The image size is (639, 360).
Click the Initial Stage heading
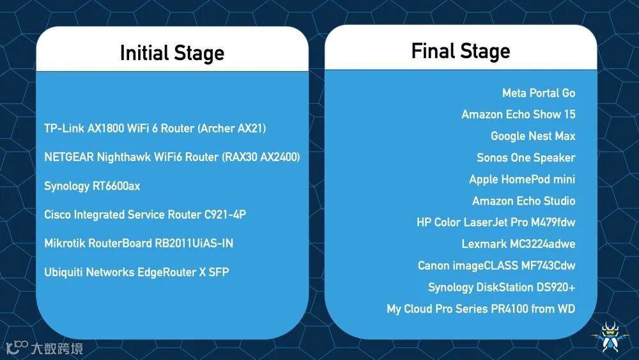point(172,53)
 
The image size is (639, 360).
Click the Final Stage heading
point(460,51)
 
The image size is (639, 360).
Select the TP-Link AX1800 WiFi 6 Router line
point(155,129)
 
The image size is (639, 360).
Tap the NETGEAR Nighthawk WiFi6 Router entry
point(172,157)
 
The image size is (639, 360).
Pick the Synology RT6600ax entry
point(92,186)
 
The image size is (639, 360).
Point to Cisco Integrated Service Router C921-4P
point(145,215)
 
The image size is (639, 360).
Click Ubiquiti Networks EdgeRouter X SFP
point(136,272)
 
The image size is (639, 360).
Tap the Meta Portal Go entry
point(538,93)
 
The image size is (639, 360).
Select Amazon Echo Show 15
point(518,114)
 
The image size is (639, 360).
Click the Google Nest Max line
point(533,136)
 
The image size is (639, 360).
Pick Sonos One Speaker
point(526,158)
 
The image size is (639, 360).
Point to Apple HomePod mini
point(522,180)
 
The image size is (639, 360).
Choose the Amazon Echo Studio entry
point(523,201)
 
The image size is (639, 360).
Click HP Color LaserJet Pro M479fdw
point(496,223)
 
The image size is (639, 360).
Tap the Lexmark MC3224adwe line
point(518,244)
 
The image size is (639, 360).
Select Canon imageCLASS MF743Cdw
point(497,266)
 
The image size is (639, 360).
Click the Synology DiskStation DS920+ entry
point(502,288)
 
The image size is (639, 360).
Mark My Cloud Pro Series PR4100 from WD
point(481,309)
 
